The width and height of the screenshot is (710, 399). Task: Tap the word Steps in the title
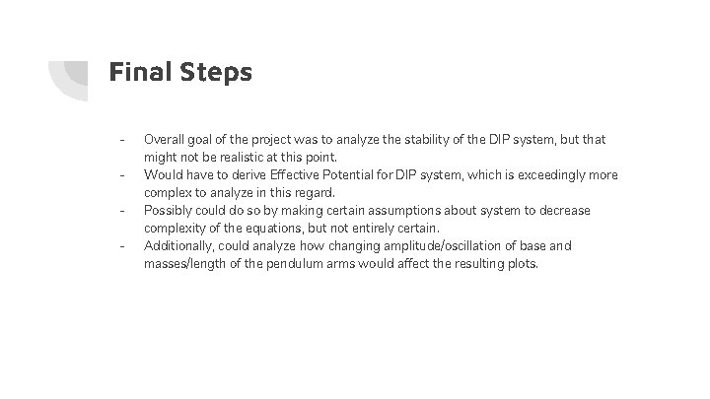[215, 71]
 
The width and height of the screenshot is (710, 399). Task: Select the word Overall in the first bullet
[166, 140]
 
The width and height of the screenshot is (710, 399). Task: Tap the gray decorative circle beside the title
[71, 77]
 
